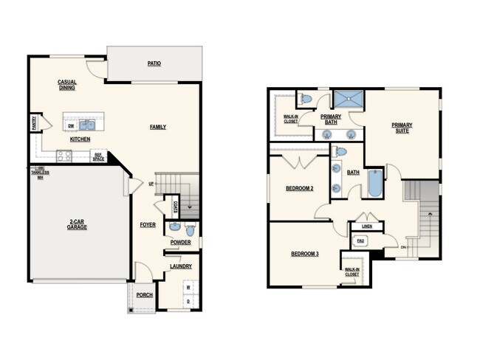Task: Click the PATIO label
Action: click(x=154, y=63)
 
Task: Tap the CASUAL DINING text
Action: click(x=66, y=85)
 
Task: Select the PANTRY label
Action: click(x=34, y=122)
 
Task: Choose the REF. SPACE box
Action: click(x=98, y=156)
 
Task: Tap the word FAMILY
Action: click(x=158, y=127)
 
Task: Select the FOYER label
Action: click(x=148, y=224)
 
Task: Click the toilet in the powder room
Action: click(x=174, y=227)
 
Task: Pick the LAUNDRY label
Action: click(x=180, y=266)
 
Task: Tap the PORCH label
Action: click(x=145, y=295)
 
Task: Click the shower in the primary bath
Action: click(x=348, y=100)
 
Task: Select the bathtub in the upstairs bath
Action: click(x=375, y=184)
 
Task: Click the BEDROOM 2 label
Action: click(x=300, y=188)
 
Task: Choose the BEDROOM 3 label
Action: click(x=304, y=254)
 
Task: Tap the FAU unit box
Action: click(x=361, y=240)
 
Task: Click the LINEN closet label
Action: click(x=366, y=226)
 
